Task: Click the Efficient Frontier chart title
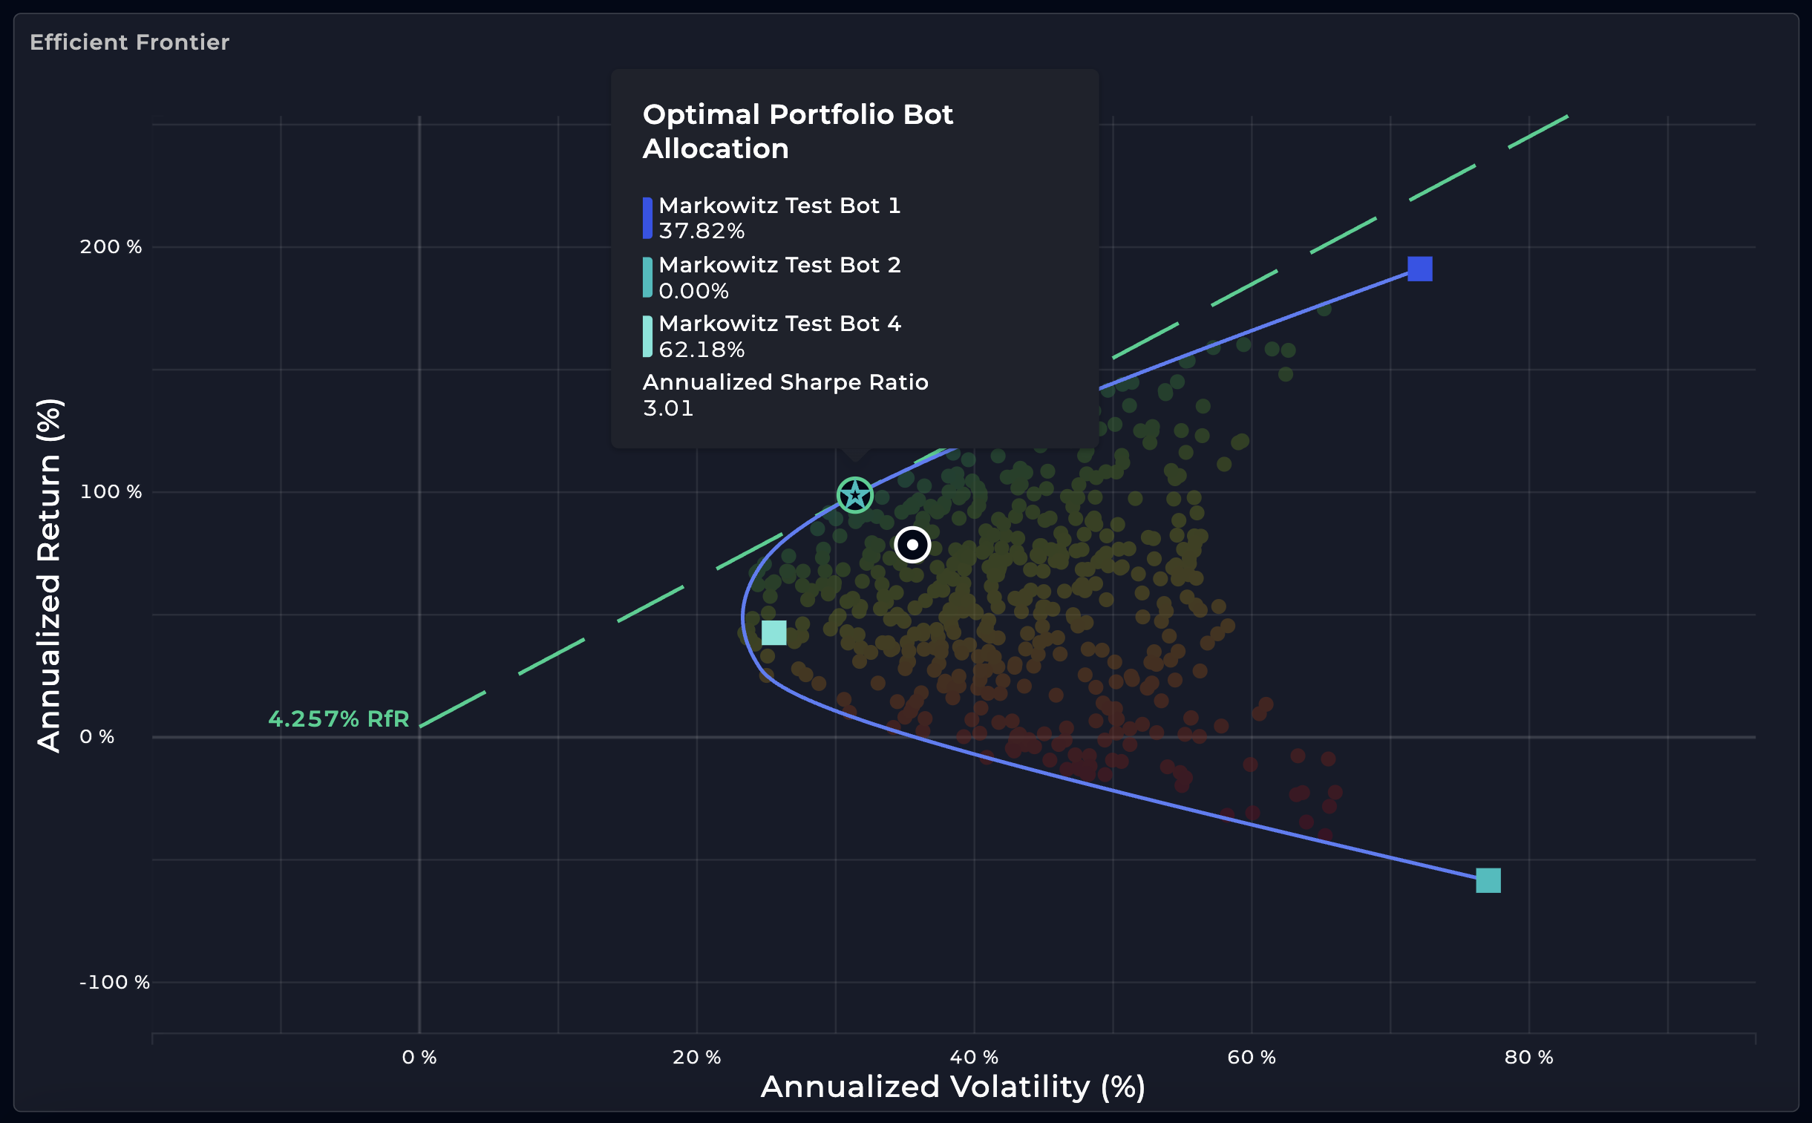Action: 129,42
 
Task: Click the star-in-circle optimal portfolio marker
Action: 854,495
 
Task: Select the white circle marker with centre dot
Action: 912,545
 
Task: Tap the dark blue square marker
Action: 1420,269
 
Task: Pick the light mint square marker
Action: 773,633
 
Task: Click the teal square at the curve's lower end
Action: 1488,881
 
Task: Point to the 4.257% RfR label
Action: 338,719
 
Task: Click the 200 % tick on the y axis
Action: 111,246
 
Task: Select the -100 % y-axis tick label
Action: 114,982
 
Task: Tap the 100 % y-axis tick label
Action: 111,491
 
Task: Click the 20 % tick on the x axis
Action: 696,1057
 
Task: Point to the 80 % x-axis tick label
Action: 1529,1057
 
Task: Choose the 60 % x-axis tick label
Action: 1252,1057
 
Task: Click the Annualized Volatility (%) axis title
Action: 953,1087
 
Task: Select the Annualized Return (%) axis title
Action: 50,576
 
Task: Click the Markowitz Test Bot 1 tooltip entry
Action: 779,206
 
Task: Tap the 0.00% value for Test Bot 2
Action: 693,291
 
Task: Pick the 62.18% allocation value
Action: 701,350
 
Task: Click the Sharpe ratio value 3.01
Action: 667,408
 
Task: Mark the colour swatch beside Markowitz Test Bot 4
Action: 647,336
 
